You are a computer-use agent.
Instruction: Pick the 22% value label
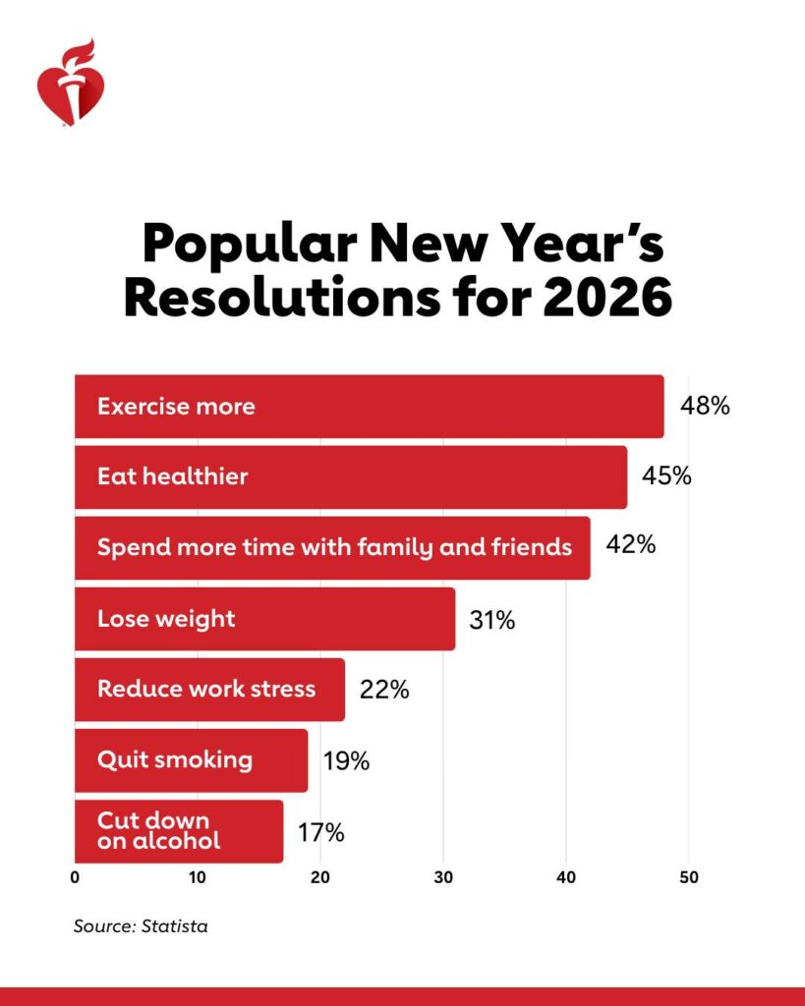[x=384, y=690]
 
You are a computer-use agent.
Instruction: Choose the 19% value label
[x=346, y=760]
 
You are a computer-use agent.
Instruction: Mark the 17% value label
[x=320, y=833]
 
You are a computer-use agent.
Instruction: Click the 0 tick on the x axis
[x=76, y=878]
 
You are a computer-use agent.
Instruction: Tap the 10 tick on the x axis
[x=198, y=878]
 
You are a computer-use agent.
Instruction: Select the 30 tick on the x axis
[x=443, y=878]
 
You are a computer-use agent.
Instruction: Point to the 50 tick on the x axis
[x=688, y=878]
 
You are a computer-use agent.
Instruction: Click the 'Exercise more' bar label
[x=176, y=406]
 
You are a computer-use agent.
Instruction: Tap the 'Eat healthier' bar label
[x=172, y=476]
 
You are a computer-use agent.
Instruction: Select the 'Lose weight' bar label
[x=166, y=619]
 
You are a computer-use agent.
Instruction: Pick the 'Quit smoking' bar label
[x=174, y=759]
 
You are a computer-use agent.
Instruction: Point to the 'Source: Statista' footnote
[x=141, y=925]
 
